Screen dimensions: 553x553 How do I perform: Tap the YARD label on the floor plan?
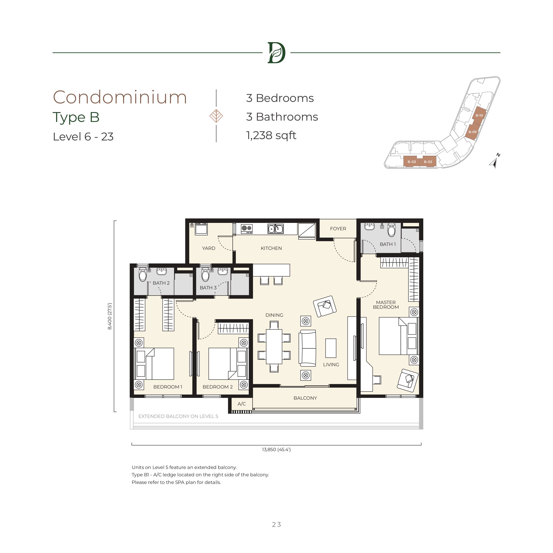[x=208, y=248]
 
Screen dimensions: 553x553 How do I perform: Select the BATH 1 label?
[x=388, y=244]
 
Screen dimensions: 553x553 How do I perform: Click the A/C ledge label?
[x=242, y=404]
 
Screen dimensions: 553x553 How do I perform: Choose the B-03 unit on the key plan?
[x=412, y=162]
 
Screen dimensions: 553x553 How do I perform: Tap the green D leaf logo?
[x=276, y=53]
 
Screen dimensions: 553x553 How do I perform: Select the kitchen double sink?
[x=275, y=229]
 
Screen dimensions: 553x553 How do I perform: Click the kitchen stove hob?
[x=247, y=229]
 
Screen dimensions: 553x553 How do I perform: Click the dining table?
[x=274, y=347]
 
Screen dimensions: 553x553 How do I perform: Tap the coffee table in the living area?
[x=331, y=348]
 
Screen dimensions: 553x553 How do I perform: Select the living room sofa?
[x=307, y=348]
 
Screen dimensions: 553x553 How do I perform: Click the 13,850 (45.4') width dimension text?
[x=276, y=450]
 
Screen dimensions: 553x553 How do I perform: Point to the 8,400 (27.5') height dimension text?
[x=110, y=317]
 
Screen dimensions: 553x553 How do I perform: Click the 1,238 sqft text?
[x=271, y=135]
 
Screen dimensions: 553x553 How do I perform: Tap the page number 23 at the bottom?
[x=276, y=524]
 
